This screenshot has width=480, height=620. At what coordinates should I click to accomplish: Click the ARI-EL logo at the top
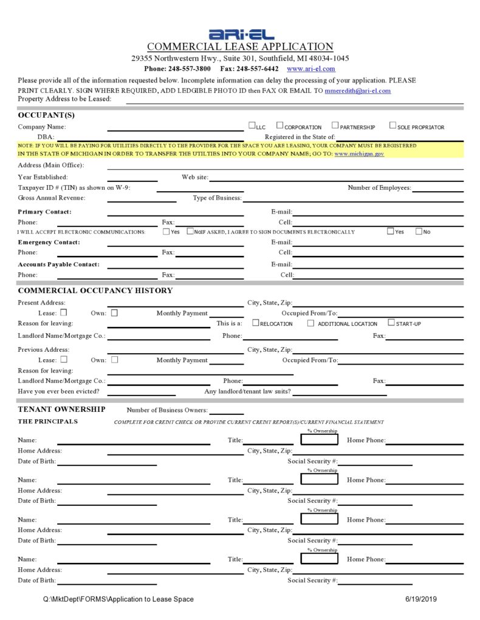(241, 35)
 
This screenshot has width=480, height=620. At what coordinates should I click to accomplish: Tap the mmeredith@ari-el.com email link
(357, 90)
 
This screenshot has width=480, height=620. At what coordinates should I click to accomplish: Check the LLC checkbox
(252, 126)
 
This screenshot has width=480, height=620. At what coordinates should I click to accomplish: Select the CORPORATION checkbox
(279, 126)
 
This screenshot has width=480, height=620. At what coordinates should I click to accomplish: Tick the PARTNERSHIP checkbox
(335, 126)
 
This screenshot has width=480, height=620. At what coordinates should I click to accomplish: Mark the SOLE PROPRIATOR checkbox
(393, 126)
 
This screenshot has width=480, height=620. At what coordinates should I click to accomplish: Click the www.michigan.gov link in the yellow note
(359, 154)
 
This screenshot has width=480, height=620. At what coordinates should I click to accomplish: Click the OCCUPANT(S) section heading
(46, 115)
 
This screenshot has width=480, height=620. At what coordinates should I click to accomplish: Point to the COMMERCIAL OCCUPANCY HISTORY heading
(95, 291)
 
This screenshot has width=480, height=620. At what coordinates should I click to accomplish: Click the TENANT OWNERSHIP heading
(61, 409)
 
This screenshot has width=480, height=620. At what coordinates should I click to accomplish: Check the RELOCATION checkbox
(255, 323)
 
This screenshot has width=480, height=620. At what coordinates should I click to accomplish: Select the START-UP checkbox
(391, 323)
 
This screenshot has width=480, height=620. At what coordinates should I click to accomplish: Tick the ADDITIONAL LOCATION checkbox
(310, 323)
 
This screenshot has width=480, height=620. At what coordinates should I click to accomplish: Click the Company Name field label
(42, 127)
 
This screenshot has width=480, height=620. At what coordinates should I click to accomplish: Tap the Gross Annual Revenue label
(52, 198)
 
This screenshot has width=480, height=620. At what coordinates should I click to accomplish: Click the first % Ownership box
(319, 439)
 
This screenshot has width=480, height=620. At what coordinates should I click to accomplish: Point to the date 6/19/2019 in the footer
(421, 599)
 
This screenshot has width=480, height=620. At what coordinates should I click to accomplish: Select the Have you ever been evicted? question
(58, 391)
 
